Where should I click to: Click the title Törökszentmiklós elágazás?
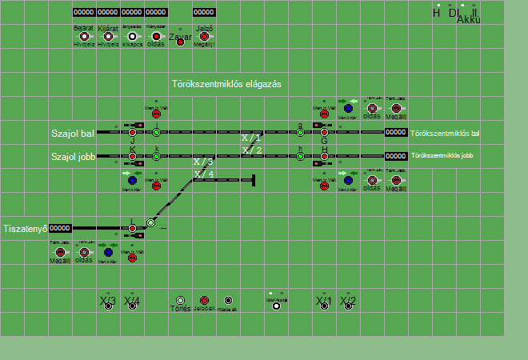pyautogui.click(x=226, y=83)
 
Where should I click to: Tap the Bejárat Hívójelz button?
pyautogui.click(x=84, y=36)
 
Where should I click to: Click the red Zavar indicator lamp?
pyautogui.click(x=180, y=41)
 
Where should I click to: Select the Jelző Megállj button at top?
pyautogui.click(x=204, y=36)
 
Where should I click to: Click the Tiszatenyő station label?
pyautogui.click(x=26, y=228)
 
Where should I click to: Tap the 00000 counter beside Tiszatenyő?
pyautogui.click(x=60, y=228)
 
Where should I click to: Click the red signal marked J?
pyautogui.click(x=132, y=132)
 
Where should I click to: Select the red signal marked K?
pyautogui.click(x=132, y=157)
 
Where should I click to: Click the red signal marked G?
pyautogui.click(x=324, y=132)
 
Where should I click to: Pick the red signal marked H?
pyautogui.click(x=324, y=157)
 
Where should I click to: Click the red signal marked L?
pyautogui.click(x=132, y=229)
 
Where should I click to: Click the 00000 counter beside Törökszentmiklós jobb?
pyautogui.click(x=396, y=156)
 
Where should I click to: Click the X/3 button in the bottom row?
pyautogui.click(x=108, y=305)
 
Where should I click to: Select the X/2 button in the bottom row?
pyautogui.click(x=348, y=305)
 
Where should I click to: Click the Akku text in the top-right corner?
pyautogui.click(x=468, y=20)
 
